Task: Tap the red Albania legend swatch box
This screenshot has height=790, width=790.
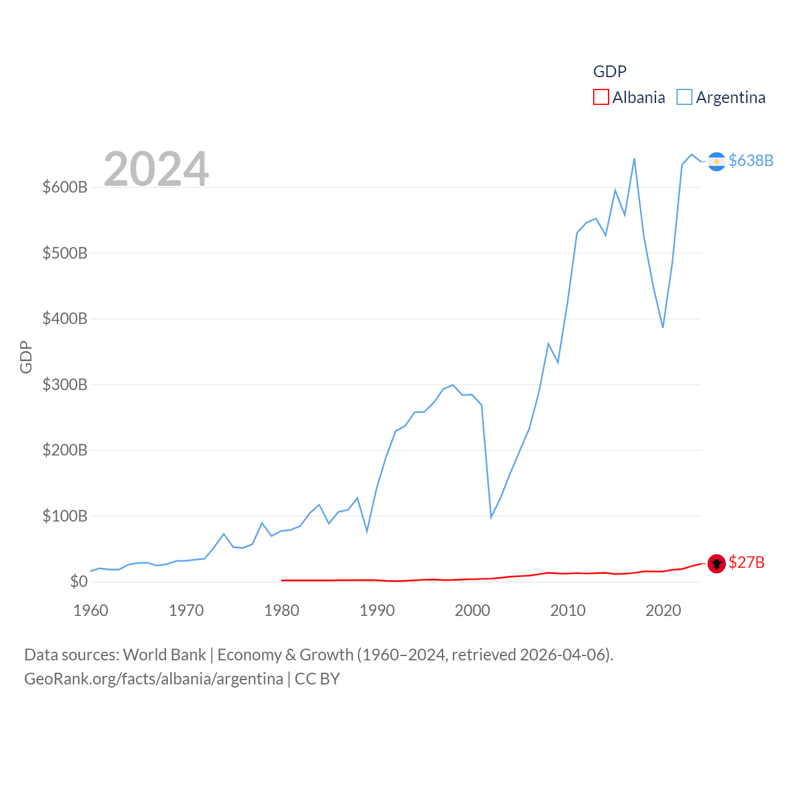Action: coord(601,98)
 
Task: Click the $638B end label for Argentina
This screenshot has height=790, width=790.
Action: coord(750,160)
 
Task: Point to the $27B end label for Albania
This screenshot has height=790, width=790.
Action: coord(746,562)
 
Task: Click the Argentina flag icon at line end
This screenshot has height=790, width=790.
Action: coord(716,161)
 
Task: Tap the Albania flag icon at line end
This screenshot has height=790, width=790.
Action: coord(716,563)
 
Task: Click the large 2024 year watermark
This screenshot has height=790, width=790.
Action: coord(156,169)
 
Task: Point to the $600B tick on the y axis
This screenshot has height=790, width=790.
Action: coord(65,187)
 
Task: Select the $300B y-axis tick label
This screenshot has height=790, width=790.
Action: coord(65,385)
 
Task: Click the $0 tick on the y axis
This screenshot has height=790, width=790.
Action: coord(78,581)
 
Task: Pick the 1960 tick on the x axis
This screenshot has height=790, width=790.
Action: coord(91,610)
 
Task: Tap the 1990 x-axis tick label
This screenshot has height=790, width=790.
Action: coord(377,610)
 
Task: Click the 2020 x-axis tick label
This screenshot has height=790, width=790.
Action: coord(663,610)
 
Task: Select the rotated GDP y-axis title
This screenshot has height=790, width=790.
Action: coord(26,357)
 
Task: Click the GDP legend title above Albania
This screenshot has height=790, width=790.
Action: coord(610,72)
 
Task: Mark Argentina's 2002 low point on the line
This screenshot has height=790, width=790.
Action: coord(491,517)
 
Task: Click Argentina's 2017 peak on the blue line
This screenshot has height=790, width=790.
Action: coord(634,159)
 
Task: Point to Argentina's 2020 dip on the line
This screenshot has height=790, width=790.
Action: coord(663,327)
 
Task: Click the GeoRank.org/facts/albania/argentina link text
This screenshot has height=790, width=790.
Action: coord(153,679)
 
